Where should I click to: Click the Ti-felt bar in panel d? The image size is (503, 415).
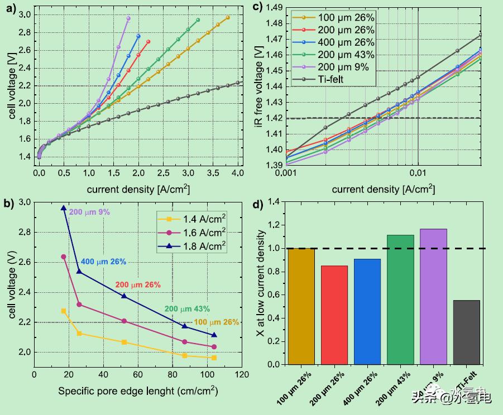click(x=466, y=332)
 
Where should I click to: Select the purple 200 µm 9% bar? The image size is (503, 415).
click(x=433, y=296)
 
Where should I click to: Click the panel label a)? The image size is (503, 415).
click(x=9, y=8)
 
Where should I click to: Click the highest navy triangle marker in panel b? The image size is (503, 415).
click(x=64, y=208)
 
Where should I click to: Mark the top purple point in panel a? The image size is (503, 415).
click(x=128, y=18)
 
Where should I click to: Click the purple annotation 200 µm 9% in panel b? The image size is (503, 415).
click(x=90, y=212)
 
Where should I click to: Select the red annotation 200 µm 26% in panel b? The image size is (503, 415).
click(x=137, y=284)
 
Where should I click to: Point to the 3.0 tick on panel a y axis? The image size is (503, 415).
click(x=26, y=15)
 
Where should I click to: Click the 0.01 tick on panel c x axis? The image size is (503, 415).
click(x=418, y=173)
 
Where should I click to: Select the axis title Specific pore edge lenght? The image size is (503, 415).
click(x=138, y=391)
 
